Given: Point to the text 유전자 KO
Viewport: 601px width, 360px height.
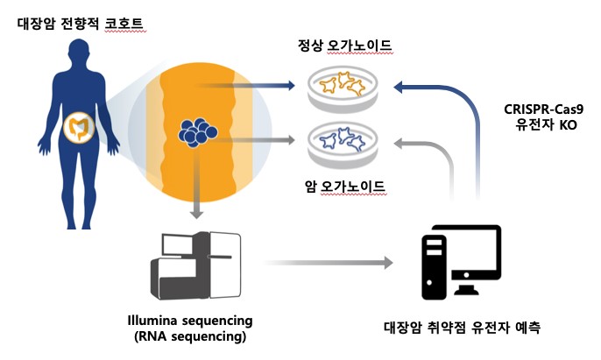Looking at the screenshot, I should pos(544,128).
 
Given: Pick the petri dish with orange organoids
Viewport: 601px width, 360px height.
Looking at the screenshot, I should pos(343,87).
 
